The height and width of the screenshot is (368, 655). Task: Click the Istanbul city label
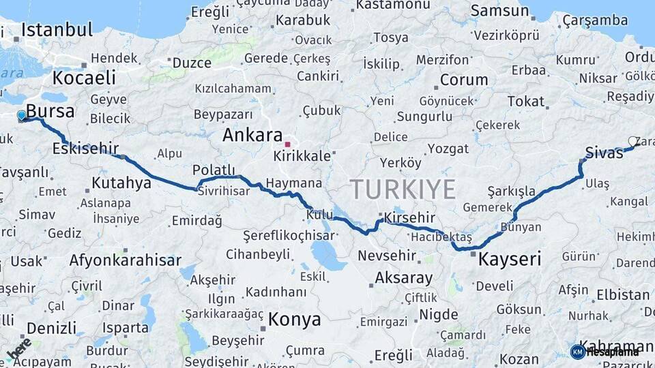[x=57, y=29]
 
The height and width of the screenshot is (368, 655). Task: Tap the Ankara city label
[x=252, y=135]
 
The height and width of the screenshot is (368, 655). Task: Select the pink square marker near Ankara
[x=288, y=144]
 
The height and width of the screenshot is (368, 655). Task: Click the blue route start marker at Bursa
[x=21, y=116]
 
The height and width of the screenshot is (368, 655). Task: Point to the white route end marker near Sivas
[x=632, y=142]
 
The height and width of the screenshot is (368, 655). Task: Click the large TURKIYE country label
[x=403, y=189]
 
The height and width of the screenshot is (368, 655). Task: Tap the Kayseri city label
[x=509, y=259]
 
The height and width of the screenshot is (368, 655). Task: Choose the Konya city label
[x=294, y=319]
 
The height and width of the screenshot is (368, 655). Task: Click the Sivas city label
[x=604, y=153]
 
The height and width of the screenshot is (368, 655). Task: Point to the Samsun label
[x=499, y=10]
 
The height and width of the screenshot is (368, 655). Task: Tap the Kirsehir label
[x=409, y=217]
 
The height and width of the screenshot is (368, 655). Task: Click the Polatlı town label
[x=214, y=170]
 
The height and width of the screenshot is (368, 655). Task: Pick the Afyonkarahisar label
[x=126, y=260]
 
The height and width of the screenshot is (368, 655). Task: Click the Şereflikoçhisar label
[x=289, y=236]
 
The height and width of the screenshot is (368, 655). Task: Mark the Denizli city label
[x=51, y=328]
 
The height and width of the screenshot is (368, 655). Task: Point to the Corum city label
[x=463, y=80]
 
